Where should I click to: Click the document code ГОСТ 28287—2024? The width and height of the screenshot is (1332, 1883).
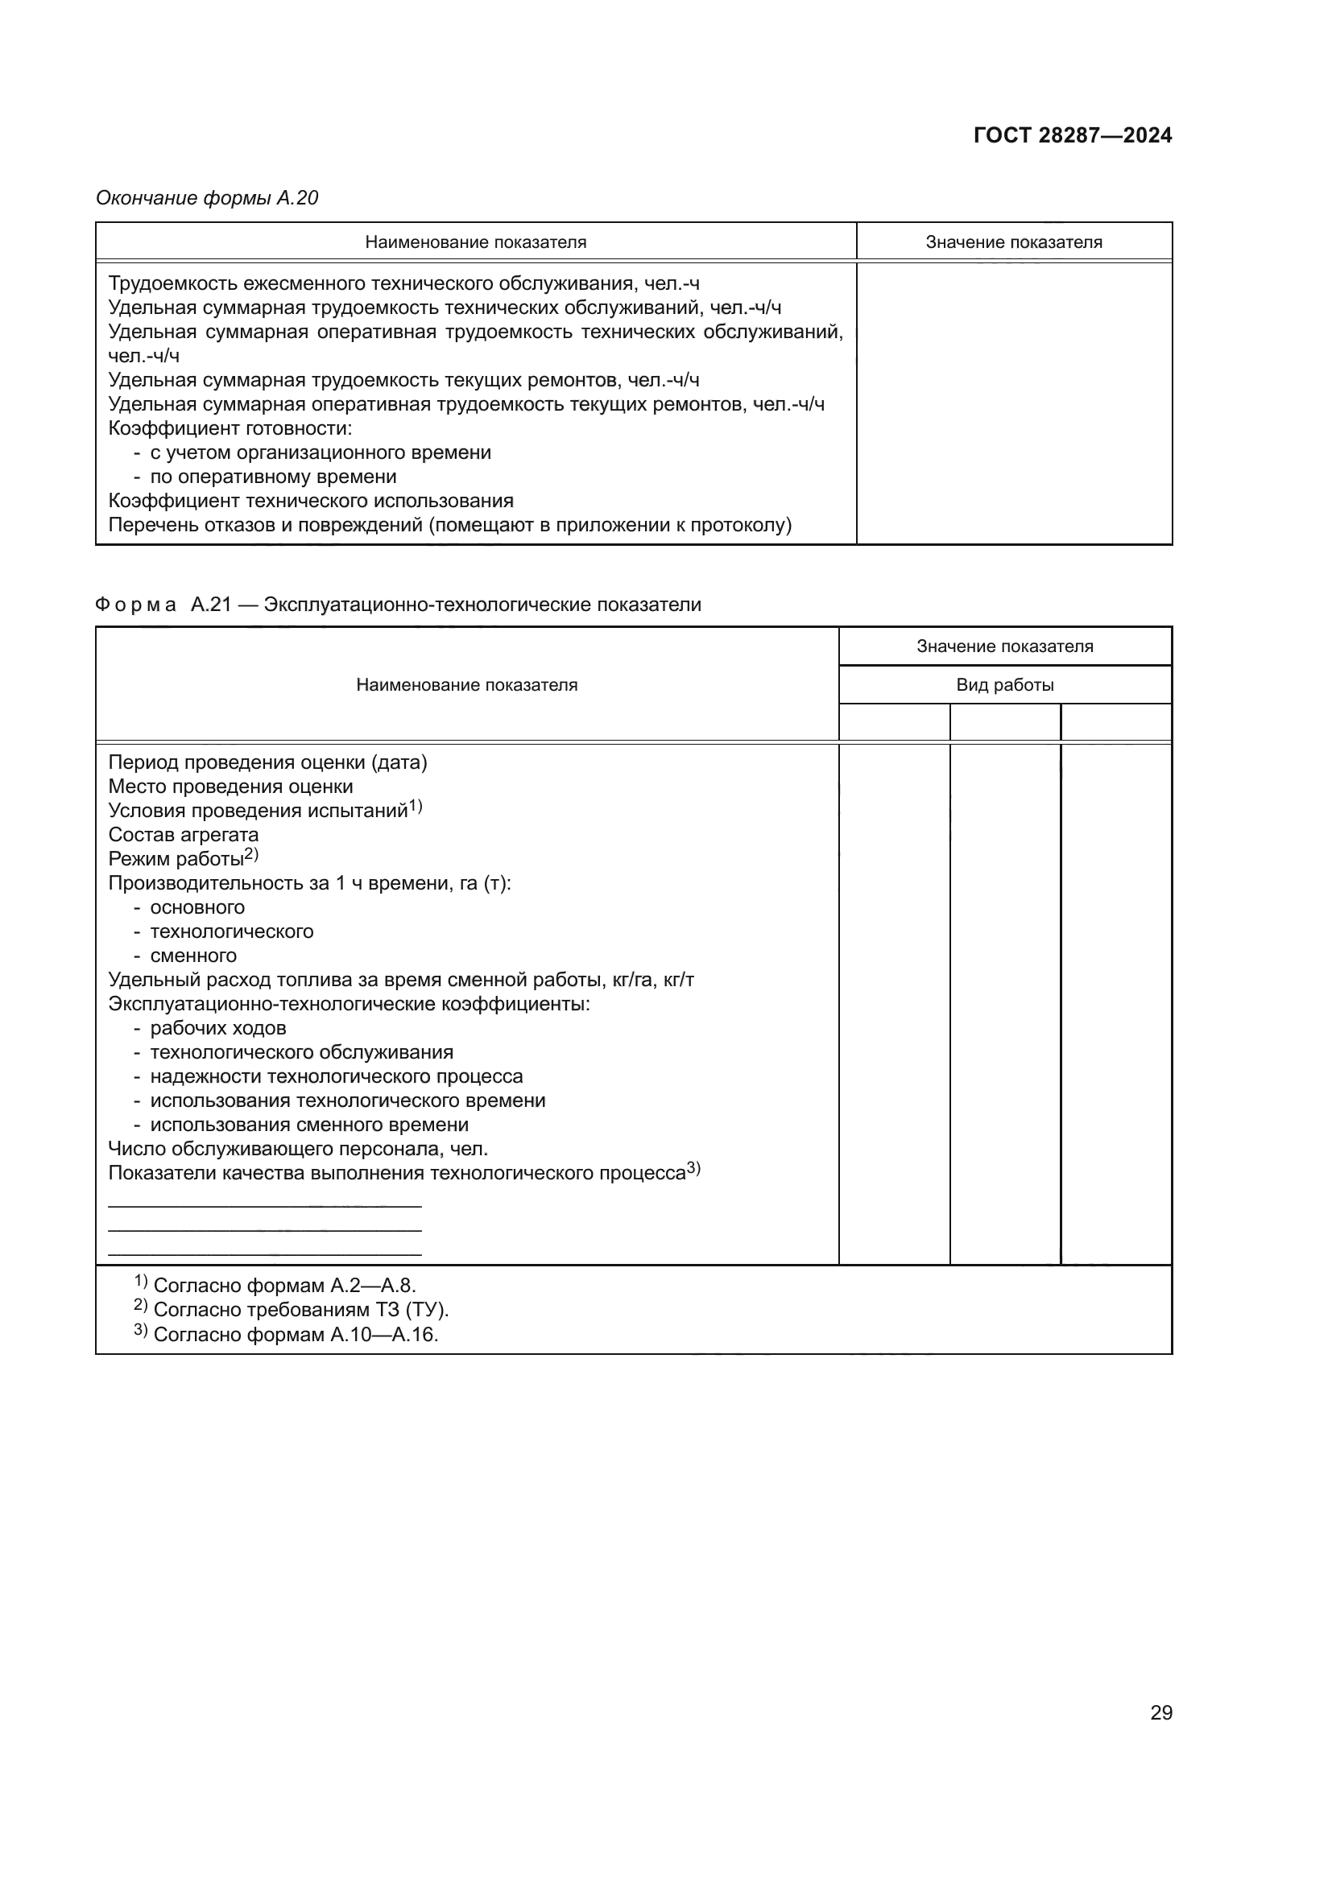[1072, 135]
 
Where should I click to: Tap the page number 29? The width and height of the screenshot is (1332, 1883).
[1160, 1712]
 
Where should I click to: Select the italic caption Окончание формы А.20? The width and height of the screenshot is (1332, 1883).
[207, 198]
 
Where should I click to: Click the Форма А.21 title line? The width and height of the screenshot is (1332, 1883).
[398, 605]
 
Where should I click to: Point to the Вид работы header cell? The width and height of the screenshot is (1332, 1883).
[1004, 685]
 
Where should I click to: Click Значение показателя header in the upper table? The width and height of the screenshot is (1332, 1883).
[1013, 242]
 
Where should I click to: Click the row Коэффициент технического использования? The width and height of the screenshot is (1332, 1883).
[311, 500]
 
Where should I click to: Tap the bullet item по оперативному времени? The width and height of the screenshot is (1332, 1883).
[272, 477]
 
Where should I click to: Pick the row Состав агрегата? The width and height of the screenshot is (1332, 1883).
[183, 834]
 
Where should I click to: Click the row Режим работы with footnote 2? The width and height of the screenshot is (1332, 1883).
[182, 859]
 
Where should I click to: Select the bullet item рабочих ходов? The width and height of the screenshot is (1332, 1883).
[217, 1027]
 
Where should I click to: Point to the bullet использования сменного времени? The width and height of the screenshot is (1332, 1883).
[308, 1125]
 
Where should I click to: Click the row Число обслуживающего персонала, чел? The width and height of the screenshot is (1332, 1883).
[298, 1148]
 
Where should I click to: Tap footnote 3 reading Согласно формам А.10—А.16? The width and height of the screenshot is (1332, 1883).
[295, 1334]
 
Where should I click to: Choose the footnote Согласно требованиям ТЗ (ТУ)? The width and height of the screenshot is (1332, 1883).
[300, 1310]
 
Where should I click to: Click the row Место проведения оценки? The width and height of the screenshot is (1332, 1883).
[230, 787]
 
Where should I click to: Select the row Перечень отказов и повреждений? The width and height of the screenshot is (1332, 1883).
[449, 525]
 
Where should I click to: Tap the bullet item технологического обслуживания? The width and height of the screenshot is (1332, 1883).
[301, 1051]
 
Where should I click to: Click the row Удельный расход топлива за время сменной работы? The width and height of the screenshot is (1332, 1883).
[401, 979]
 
